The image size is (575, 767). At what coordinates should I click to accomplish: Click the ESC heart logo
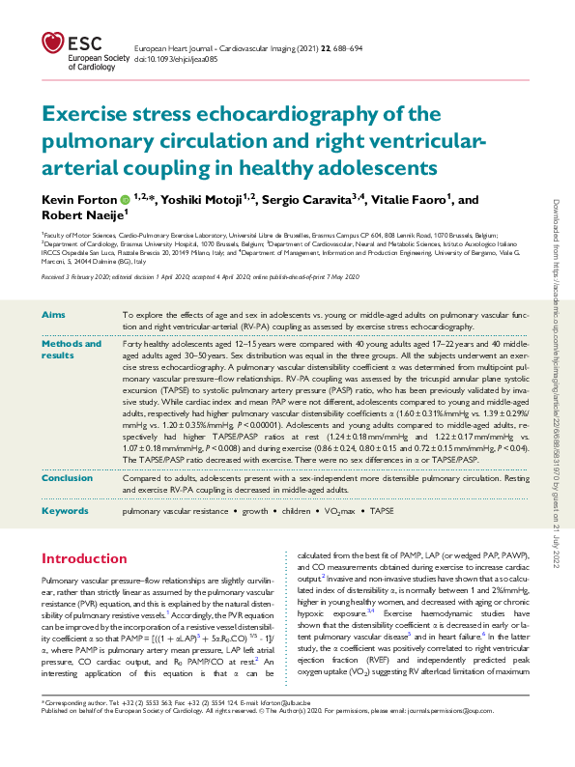point(54,42)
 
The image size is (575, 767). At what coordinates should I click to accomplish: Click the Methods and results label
point(72,350)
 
